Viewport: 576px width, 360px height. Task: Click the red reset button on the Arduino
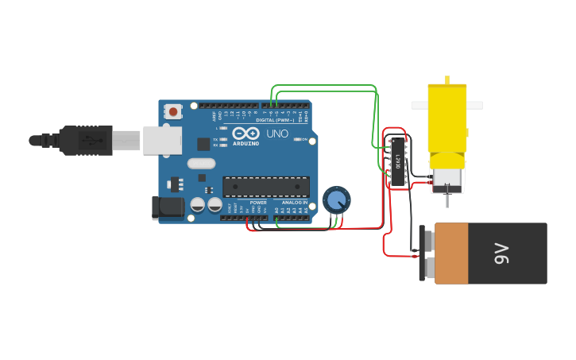[173, 112]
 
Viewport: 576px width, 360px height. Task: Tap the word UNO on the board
[277, 134]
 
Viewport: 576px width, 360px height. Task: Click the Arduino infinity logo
[245, 133]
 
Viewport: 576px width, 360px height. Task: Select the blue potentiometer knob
[337, 199]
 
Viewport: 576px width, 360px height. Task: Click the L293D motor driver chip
[398, 162]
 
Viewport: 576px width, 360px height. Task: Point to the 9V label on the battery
[502, 254]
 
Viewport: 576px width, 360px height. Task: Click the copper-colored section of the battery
[451, 254]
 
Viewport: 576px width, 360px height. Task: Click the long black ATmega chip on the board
[266, 187]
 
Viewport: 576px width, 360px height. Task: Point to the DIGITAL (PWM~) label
[276, 120]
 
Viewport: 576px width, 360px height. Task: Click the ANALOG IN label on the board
[292, 203]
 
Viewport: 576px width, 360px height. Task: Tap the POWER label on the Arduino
[258, 203]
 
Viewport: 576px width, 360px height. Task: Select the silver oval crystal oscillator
[202, 164]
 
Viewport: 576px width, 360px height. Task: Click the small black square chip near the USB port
[203, 144]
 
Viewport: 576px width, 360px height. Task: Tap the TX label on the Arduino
[215, 139]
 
